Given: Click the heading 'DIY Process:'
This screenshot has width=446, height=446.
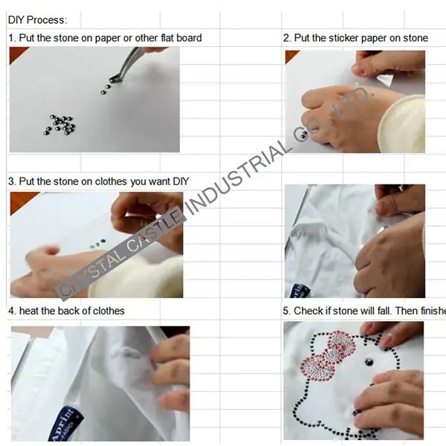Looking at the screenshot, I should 37,19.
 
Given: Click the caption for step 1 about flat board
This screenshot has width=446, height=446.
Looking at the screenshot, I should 104,38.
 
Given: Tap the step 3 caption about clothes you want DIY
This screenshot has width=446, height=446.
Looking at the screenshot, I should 99,181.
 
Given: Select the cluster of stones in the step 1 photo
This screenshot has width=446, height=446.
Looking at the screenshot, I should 59,124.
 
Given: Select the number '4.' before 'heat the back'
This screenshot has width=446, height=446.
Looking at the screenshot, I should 12,310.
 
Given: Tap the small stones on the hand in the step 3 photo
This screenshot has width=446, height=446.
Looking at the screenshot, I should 97,243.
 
